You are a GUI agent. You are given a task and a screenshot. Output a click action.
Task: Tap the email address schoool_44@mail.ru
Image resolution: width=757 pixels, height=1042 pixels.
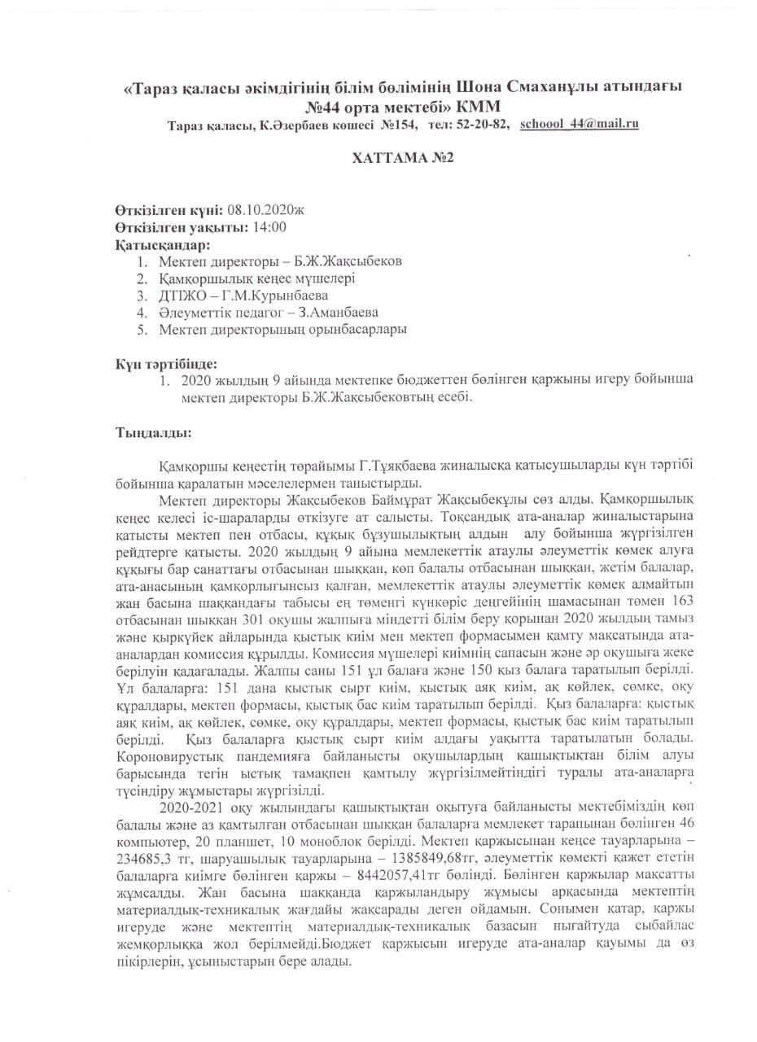(579, 124)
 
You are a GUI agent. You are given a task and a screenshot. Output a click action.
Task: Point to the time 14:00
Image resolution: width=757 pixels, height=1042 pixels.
(269, 227)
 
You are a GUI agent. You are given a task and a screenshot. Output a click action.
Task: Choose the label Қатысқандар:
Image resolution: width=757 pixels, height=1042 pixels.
(162, 244)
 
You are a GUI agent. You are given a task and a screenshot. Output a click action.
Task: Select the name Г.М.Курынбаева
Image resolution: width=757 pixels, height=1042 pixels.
(276, 296)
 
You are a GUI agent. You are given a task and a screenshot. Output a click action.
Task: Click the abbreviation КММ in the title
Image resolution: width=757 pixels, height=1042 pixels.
(480, 107)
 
